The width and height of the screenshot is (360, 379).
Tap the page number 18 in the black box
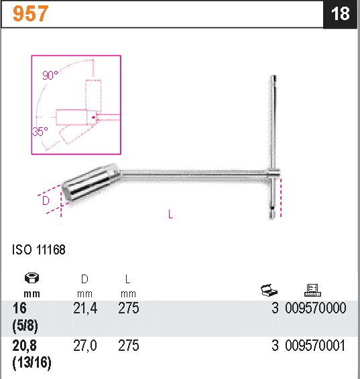tap(341, 14)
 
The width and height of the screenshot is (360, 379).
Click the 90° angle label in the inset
tap(51, 76)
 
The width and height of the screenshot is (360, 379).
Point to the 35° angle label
tap(40, 131)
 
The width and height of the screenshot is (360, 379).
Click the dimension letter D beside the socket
tap(45, 201)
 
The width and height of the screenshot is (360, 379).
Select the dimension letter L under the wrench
tap(171, 214)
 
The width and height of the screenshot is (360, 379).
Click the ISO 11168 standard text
tap(38, 250)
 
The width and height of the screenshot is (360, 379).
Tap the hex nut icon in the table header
tap(31, 279)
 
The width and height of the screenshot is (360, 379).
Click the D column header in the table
tap(84, 279)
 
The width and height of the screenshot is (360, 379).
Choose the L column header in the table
tap(127, 279)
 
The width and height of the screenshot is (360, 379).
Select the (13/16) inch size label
tap(32, 363)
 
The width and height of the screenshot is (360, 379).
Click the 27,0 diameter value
tap(84, 346)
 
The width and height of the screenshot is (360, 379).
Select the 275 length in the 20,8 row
tap(128, 346)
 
